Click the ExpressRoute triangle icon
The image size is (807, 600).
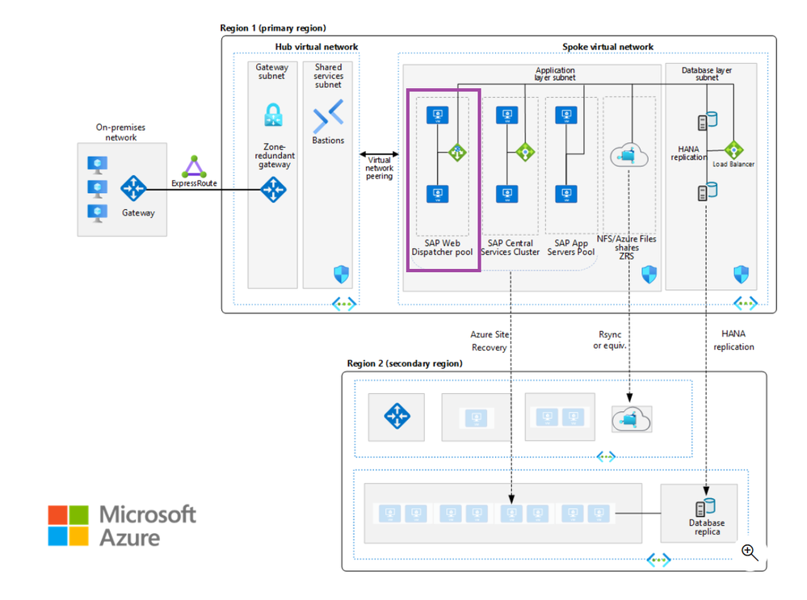click(x=194, y=167)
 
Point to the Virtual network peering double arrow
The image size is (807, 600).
click(x=379, y=153)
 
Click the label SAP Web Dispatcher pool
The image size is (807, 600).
click(x=442, y=247)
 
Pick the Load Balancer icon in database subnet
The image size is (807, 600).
click(x=733, y=150)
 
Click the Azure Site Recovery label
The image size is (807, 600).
click(x=490, y=341)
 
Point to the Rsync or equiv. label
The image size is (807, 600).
click(x=610, y=340)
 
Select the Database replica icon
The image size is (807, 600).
click(x=706, y=507)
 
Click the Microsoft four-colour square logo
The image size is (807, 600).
click(x=68, y=525)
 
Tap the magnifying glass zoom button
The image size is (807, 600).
click(x=750, y=552)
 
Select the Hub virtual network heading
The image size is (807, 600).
click(x=317, y=47)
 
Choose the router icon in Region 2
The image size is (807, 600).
click(x=397, y=417)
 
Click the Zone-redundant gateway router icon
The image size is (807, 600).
click(x=273, y=190)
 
